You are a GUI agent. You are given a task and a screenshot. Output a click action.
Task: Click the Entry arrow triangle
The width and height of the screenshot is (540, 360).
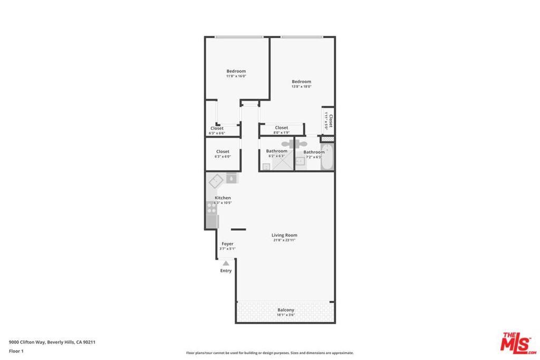[226, 262]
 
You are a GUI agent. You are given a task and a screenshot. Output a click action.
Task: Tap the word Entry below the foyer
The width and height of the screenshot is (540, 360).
[226, 271]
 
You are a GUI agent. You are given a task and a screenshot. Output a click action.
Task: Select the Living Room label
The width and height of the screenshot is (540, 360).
[284, 235]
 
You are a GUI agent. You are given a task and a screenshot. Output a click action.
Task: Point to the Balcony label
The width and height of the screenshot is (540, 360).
[286, 310]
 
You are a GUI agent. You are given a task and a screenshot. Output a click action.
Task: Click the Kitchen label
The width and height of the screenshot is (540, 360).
[223, 198]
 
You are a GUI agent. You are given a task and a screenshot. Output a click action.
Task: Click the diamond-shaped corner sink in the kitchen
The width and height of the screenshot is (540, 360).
[216, 182]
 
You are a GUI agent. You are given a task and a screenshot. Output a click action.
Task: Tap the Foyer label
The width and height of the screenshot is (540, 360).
[227, 244]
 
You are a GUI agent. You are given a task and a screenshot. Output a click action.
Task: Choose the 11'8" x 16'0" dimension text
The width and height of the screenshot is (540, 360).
[236, 76]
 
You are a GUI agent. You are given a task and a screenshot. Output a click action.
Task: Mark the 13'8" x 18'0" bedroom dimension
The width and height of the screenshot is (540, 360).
[302, 86]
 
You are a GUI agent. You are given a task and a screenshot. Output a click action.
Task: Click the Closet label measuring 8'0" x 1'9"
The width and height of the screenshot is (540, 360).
[282, 128]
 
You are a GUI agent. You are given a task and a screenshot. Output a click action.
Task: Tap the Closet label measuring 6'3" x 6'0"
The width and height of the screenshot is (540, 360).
[223, 152]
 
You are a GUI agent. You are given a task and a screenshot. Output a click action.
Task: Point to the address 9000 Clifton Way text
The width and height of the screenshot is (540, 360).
[52, 342]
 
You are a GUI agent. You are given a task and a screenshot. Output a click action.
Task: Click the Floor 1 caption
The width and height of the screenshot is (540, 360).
[16, 351]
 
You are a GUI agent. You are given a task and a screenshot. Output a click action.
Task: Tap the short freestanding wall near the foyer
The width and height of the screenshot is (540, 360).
[238, 229]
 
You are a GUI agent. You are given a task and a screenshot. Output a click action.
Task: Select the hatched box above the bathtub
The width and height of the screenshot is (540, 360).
[327, 139]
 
